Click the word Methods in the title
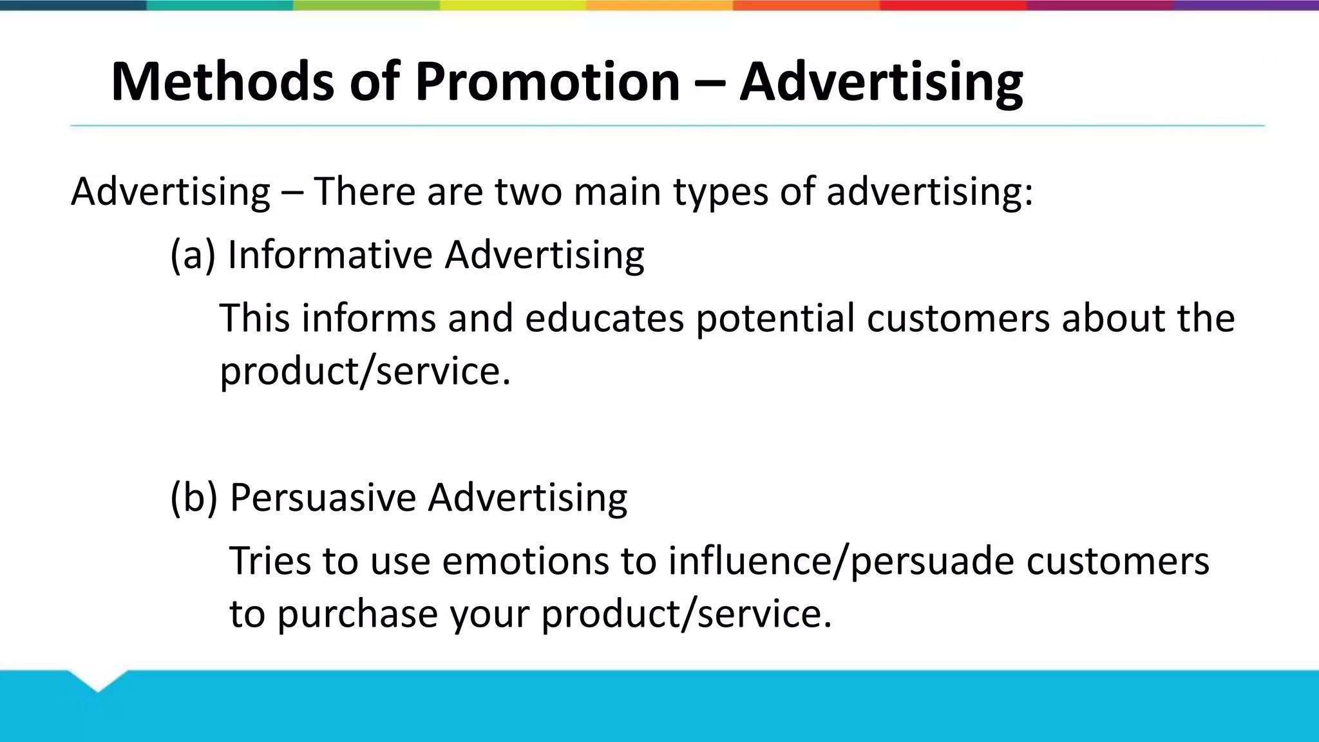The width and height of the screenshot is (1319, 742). (x=222, y=82)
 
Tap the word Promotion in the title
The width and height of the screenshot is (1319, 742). (x=547, y=82)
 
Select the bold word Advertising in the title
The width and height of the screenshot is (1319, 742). (x=880, y=82)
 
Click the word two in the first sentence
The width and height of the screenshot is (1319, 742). (x=528, y=192)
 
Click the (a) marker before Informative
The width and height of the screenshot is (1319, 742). (x=192, y=254)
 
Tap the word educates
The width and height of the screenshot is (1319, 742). (x=604, y=318)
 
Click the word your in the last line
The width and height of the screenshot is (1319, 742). (x=489, y=613)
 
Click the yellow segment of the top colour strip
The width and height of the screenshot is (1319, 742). (x=513, y=5)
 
